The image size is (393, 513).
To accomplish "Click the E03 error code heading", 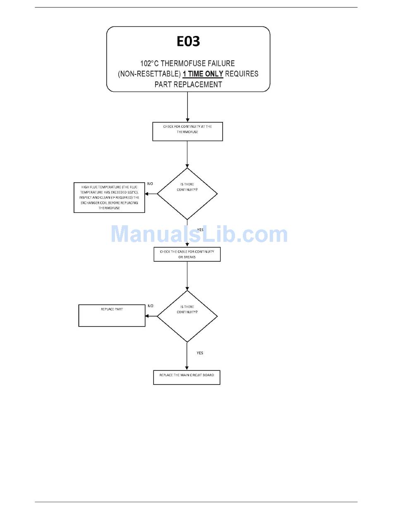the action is [188, 41].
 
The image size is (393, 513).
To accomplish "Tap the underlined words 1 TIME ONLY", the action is [203, 74].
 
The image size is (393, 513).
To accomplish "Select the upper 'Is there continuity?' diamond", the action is [187, 193].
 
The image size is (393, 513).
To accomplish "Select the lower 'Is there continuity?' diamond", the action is [187, 316].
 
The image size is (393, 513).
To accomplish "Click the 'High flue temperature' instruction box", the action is [109, 198].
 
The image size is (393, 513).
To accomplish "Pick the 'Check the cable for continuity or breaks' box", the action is [187, 254].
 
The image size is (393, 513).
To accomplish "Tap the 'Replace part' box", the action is [112, 315].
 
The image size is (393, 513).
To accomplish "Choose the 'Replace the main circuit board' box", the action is [187, 377].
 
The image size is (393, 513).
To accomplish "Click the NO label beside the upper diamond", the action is [150, 184].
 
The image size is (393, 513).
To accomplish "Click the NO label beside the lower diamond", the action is [150, 306].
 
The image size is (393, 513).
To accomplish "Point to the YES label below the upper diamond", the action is [200, 229].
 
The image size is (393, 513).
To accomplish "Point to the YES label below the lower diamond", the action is [200, 353].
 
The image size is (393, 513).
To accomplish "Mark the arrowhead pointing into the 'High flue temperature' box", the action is [147, 193].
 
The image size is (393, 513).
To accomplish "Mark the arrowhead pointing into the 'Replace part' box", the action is [147, 316].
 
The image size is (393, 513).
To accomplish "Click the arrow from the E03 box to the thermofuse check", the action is [187, 107].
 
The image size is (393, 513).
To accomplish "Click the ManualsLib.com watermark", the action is [199, 234].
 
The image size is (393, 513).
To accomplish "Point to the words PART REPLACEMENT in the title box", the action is [188, 84].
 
